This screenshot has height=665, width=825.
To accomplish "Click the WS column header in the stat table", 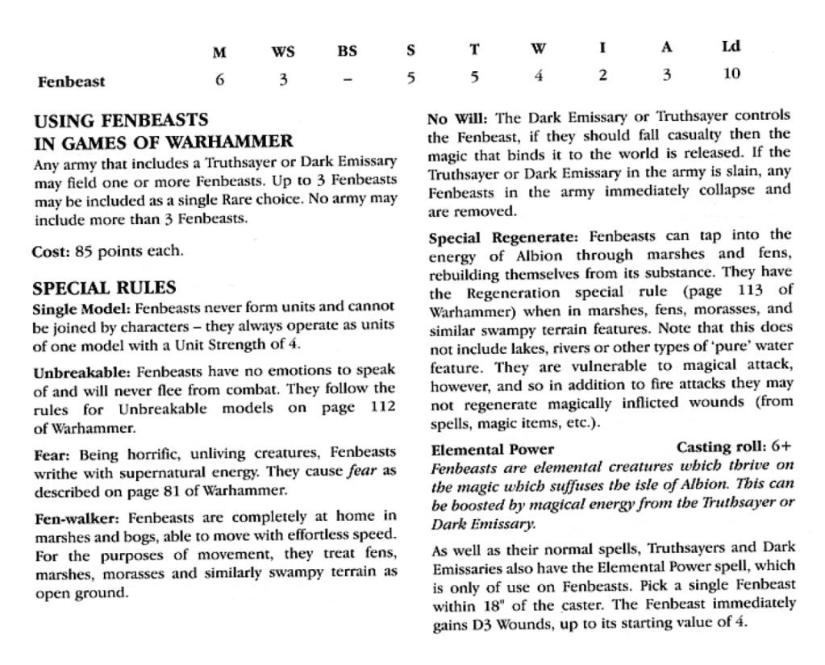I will click(x=282, y=52).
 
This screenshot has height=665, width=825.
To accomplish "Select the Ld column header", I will click(x=731, y=48).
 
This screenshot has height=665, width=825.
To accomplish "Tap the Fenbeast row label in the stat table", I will click(x=71, y=81).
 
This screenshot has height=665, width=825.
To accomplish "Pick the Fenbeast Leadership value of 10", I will click(x=731, y=75).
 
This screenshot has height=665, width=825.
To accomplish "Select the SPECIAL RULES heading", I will click(x=105, y=288).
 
